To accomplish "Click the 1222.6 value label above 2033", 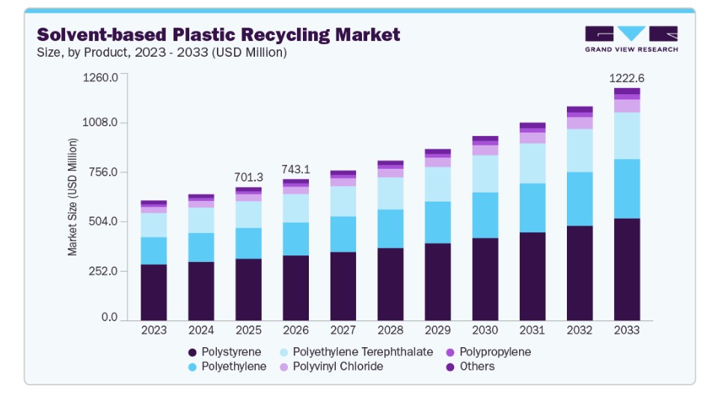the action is pos(627,78).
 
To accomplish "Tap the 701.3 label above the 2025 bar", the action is pos(248,177).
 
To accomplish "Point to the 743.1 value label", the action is pos(295,169).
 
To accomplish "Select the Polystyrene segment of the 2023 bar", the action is pos(153,292).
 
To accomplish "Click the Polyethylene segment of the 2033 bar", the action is pos(627,189).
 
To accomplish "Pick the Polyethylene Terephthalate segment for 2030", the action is pos(485,174).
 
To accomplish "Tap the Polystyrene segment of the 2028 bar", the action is pos(390,284).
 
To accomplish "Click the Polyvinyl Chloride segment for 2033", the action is pos(627,106).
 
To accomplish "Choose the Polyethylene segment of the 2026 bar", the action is pos(295,239).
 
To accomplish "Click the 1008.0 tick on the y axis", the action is pos(100,122).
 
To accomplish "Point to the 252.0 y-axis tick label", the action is pos(102,271).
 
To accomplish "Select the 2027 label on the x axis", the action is pos(343,330).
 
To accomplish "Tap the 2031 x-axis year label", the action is pos(533,330).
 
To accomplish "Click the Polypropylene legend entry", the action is pos(488,352).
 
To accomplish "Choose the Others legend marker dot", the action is pos(450,367).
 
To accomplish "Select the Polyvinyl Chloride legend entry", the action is pos(331,367).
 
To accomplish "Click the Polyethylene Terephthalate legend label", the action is pos(363,352).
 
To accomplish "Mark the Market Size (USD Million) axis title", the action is pos(73,197).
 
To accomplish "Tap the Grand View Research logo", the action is pos(631,40).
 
